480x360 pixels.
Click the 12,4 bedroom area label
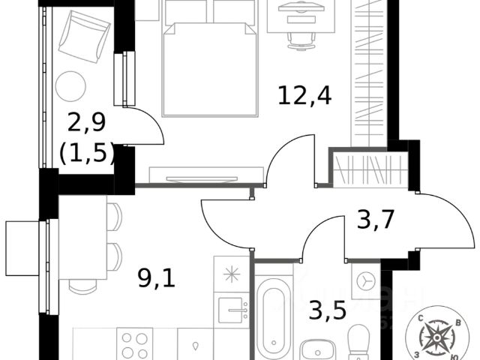pos(304,95)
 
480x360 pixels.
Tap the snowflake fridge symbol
pos(232,274)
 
